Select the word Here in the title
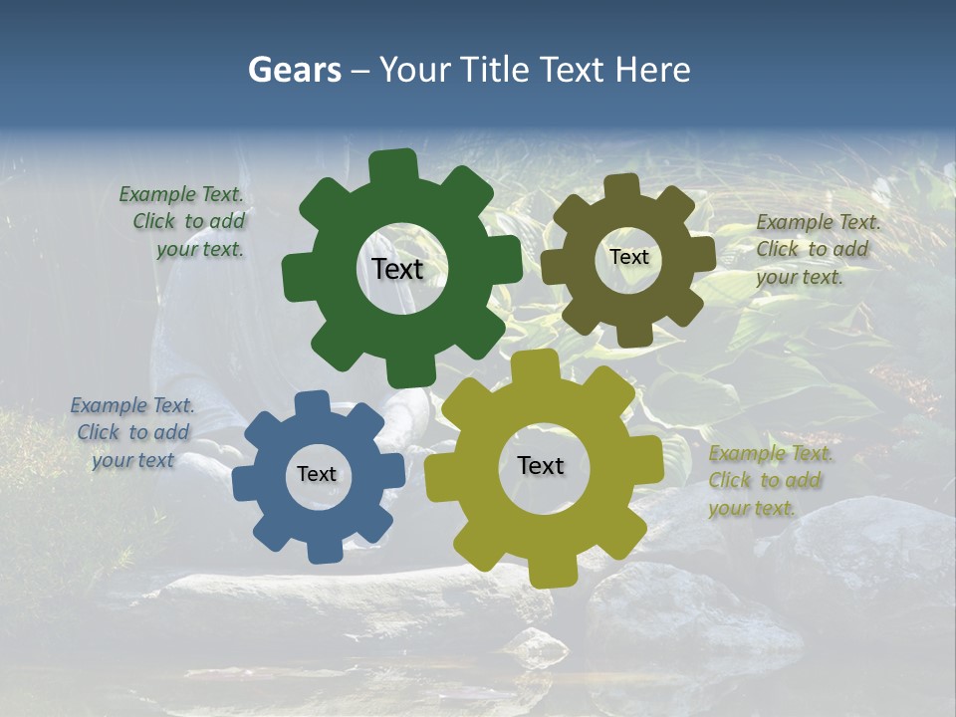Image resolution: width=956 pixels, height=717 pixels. pos(652,70)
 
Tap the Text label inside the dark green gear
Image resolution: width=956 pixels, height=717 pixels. pos(397,269)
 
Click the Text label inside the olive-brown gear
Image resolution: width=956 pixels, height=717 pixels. pos(628,257)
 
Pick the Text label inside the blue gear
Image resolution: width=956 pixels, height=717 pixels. pos(317,474)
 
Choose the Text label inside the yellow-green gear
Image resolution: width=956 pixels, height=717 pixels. pos(541,465)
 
